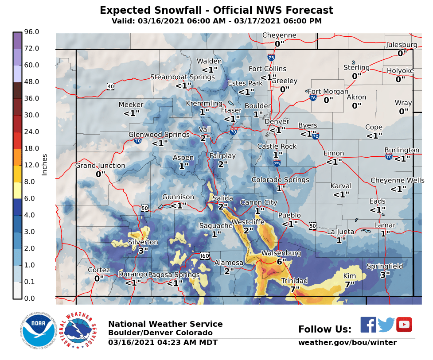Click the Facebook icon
click(x=368, y=325)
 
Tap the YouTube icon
click(x=404, y=325)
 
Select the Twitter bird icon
click(x=386, y=325)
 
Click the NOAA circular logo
click(x=38, y=331)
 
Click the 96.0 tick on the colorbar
click(x=32, y=32)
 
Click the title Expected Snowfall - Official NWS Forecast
click(x=216, y=11)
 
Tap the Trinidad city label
click(x=294, y=281)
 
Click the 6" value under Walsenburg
click(x=279, y=261)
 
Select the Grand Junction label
click(x=100, y=166)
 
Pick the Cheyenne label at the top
click(x=279, y=35)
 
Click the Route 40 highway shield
click(x=110, y=86)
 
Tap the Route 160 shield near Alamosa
click(x=204, y=256)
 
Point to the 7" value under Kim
click(x=349, y=284)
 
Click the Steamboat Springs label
click(x=182, y=77)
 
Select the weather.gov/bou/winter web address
click(x=347, y=343)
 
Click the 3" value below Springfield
click(x=385, y=275)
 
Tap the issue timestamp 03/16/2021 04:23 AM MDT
click(x=163, y=343)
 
